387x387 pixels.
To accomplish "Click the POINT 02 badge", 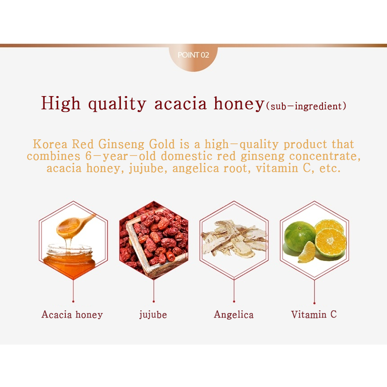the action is click(193, 58).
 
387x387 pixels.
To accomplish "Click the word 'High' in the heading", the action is click(61, 103).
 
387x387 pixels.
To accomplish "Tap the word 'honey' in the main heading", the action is click(239, 104).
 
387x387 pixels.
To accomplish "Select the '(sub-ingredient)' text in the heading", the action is click(306, 106).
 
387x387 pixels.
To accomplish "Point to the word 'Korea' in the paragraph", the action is click(50, 144).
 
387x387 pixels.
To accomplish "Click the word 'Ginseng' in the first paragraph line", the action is click(121, 144).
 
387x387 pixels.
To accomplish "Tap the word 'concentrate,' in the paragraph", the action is click(325, 156).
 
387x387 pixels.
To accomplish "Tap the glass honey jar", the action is click(69, 260).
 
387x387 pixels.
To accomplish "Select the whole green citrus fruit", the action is click(300, 236).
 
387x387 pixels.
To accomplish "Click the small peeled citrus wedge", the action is click(307, 252).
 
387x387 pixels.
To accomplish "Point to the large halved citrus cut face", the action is click(331, 242).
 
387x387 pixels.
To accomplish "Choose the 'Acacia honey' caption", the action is click(72, 314).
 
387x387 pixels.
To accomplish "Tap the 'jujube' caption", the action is click(153, 315).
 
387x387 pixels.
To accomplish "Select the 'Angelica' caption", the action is click(234, 315).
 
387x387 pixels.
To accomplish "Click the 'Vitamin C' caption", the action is click(314, 314).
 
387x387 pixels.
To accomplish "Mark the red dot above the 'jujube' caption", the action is click(153, 301).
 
